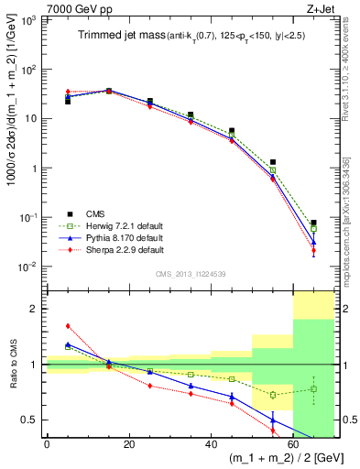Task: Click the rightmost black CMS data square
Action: click(313, 223)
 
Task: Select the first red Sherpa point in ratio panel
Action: click(68, 325)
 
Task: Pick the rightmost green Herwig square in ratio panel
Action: click(313, 388)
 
